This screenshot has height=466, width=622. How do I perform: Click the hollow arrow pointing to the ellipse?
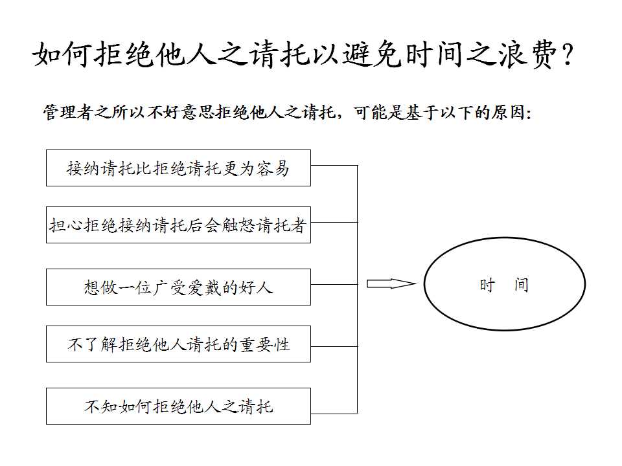click(391, 283)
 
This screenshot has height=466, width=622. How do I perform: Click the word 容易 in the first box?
click(273, 168)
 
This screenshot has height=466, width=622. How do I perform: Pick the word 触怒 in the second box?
click(239, 225)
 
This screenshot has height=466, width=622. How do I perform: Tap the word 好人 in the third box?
click(256, 287)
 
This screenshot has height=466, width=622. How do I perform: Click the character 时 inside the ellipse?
click(487, 285)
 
